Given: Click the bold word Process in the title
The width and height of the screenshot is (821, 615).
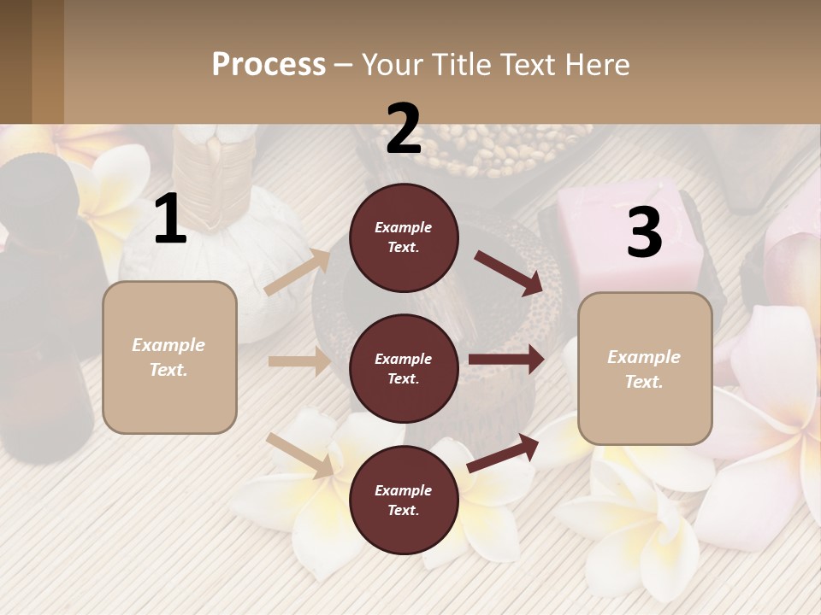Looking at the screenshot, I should [x=269, y=65].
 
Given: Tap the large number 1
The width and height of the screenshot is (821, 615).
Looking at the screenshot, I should [x=170, y=220].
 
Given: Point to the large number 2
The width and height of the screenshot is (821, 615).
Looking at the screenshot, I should [x=404, y=129].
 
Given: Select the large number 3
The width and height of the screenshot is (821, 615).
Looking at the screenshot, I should [x=644, y=233].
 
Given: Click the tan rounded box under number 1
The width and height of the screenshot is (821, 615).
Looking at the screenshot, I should [x=169, y=357].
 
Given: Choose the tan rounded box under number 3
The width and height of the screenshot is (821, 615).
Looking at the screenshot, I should [x=645, y=369].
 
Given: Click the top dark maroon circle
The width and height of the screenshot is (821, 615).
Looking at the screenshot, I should [x=404, y=237].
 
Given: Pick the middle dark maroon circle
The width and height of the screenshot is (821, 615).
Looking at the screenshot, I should [x=404, y=368].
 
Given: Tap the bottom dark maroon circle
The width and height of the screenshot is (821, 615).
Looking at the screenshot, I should [x=404, y=500].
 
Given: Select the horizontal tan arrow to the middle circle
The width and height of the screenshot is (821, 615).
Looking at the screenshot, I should [x=299, y=361].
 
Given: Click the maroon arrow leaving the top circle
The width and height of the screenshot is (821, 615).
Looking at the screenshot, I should [x=508, y=272].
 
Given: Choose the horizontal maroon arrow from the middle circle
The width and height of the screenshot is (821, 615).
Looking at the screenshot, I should [x=506, y=360].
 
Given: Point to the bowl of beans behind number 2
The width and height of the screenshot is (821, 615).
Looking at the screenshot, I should [x=479, y=154].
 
